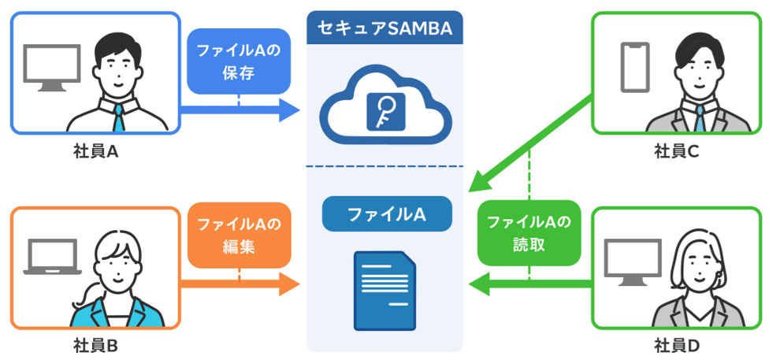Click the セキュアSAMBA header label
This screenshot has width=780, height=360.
pos(384,28)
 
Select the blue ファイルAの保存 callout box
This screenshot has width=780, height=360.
pos(239,61)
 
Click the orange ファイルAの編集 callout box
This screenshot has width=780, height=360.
pos(239,234)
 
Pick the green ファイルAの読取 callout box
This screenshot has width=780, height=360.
pos(529,234)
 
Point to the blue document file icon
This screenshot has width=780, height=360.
pos(385,289)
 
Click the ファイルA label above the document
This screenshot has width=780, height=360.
pos(385,213)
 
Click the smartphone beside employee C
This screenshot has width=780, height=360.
pos(635,68)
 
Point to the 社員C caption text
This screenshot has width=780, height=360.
pos(676,151)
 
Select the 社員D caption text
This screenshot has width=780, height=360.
pos(676,345)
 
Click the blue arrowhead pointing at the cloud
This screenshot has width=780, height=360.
pos(289,110)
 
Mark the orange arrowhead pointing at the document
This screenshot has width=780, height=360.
pos(289,283)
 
